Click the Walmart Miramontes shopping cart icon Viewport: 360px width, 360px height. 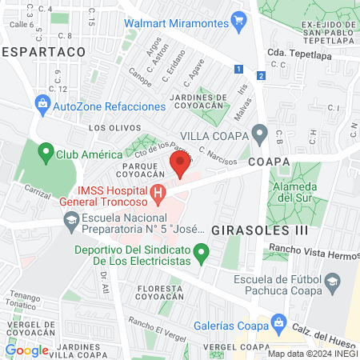click(x=238, y=18)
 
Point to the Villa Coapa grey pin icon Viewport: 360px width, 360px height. click(x=258, y=132)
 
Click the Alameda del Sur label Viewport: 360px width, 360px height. click(x=302, y=192)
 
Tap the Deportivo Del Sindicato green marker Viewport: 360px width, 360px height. click(x=202, y=255)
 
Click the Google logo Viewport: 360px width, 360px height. click(x=26, y=350)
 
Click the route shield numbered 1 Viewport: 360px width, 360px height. click(x=239, y=69)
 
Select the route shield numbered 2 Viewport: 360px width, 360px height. click(x=261, y=75)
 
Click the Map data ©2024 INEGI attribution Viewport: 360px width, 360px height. click(x=312, y=353)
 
